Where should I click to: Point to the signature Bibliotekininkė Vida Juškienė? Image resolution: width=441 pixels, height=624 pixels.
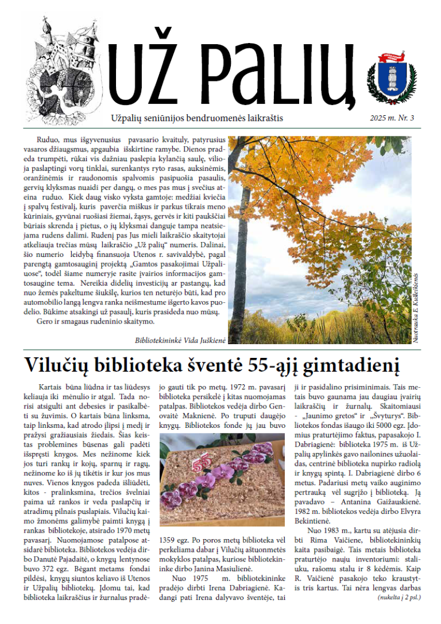click(180, 340)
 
